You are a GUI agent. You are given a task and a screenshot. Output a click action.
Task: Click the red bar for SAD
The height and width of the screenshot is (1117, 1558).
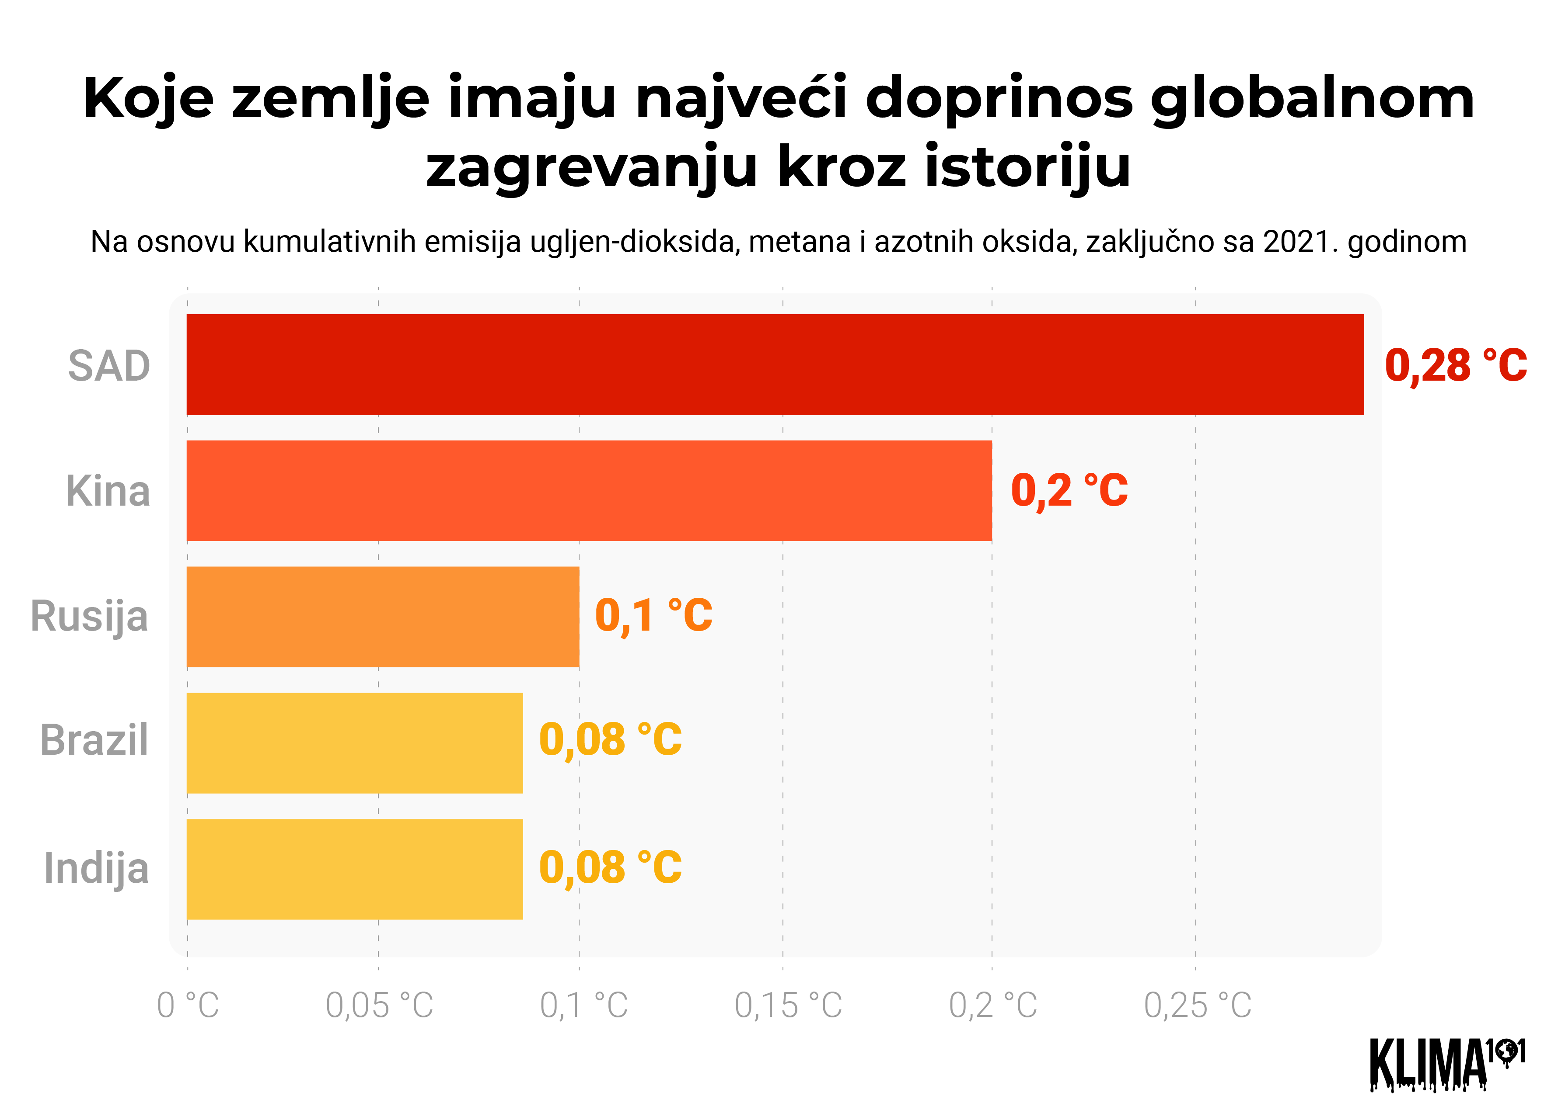coord(775,364)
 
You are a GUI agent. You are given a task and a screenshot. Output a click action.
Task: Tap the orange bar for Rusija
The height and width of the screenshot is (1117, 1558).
coord(383,617)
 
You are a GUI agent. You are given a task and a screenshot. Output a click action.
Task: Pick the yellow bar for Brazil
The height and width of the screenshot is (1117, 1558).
coord(354,743)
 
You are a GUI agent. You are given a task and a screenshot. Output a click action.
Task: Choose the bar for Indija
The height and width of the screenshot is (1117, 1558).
coord(354,869)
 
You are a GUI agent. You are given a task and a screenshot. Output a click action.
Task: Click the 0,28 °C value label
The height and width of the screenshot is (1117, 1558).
coord(1455,366)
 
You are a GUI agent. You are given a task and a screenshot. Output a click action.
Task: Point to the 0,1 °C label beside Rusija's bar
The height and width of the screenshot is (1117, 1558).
coord(653,616)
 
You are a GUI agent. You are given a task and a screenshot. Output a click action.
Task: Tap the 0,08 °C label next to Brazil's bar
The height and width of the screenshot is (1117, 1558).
coord(610,740)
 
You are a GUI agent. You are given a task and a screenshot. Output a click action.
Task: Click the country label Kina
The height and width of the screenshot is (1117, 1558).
coord(108,492)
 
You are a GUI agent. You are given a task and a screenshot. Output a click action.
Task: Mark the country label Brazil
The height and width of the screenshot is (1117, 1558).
coord(94,741)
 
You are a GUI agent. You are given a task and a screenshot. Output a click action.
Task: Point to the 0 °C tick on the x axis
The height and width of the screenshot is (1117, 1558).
coord(188,1006)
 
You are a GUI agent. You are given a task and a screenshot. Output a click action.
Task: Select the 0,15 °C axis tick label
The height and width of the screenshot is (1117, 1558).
coord(788,1006)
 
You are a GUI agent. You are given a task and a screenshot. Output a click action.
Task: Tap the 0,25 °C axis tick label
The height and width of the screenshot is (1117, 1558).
coord(1197,1006)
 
